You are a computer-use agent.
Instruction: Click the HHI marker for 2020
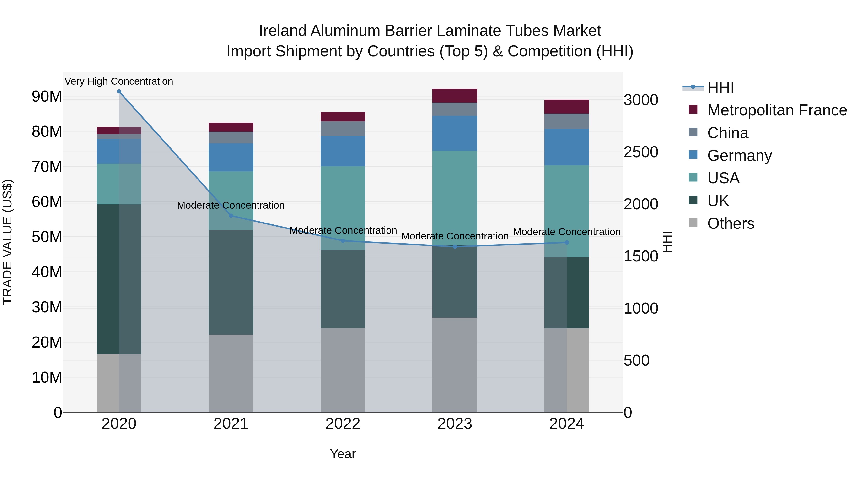coord(119,92)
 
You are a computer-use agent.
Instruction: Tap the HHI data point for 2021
coord(231,216)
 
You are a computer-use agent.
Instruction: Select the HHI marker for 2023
coord(455,246)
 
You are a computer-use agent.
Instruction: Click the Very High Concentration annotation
coord(119,81)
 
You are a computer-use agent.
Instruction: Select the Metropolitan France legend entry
coord(777,110)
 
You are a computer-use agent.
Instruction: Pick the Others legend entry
coord(731,223)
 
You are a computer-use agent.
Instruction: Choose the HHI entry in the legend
coord(720,87)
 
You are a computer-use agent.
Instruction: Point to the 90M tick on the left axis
coord(47,97)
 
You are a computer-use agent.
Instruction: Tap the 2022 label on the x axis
coord(343,424)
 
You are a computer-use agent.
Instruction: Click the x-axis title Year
coord(343,454)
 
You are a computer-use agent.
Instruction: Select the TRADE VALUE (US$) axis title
coord(7,242)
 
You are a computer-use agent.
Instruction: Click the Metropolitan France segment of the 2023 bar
coord(455,96)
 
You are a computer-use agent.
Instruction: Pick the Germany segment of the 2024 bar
coord(567,147)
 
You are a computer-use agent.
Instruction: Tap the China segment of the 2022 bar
coord(343,129)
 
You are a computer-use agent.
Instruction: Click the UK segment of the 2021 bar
coord(231,282)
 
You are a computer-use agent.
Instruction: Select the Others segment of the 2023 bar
coord(455,365)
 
